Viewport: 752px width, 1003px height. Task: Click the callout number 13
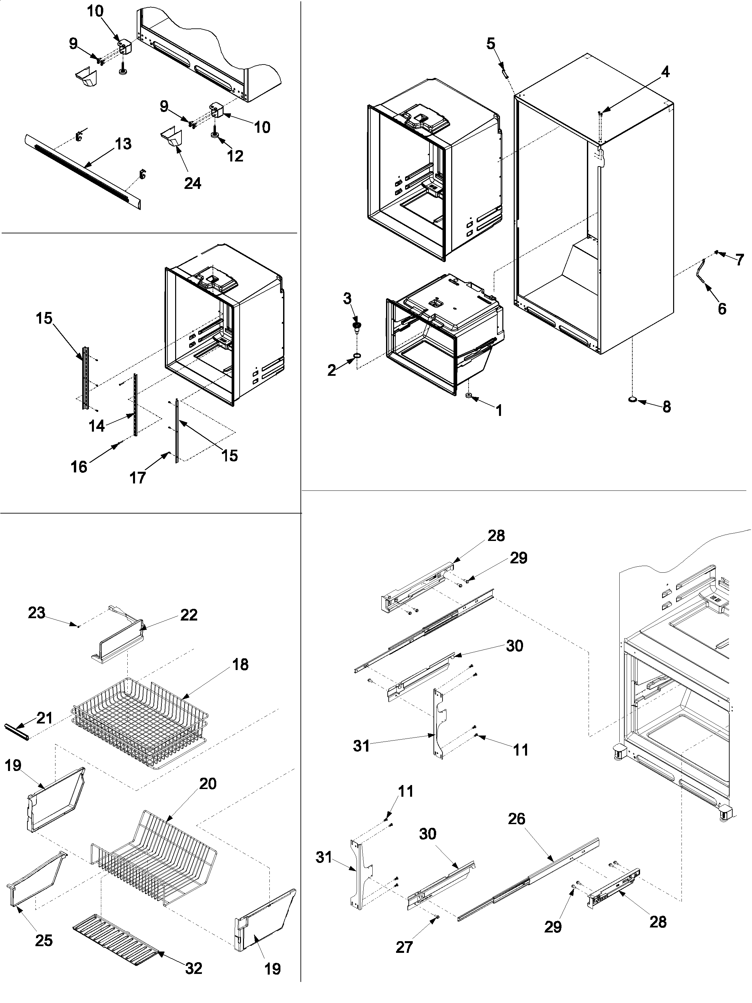(123, 144)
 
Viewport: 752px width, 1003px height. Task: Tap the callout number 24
(193, 183)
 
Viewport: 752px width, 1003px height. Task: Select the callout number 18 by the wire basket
(240, 664)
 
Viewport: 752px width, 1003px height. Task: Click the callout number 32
(194, 968)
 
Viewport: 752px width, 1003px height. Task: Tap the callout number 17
(138, 477)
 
